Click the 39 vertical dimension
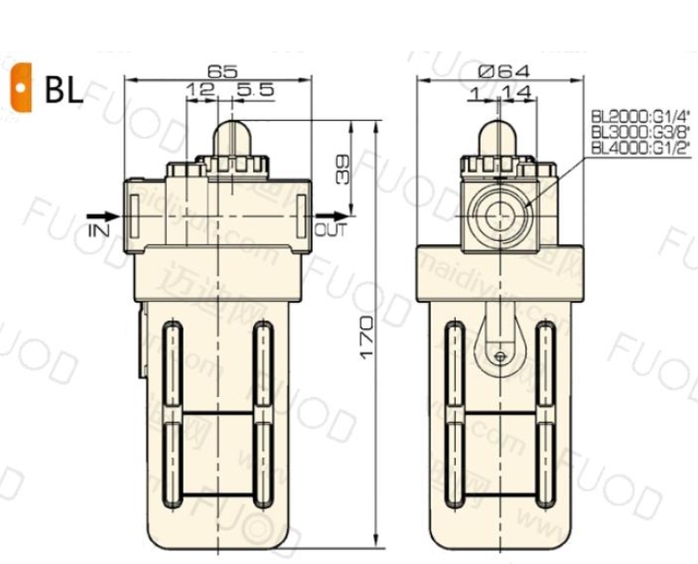(343, 169)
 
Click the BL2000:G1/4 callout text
(639, 116)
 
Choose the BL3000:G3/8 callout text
(639, 131)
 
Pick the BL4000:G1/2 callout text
(639, 146)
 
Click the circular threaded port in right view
(498, 216)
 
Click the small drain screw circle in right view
(499, 357)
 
